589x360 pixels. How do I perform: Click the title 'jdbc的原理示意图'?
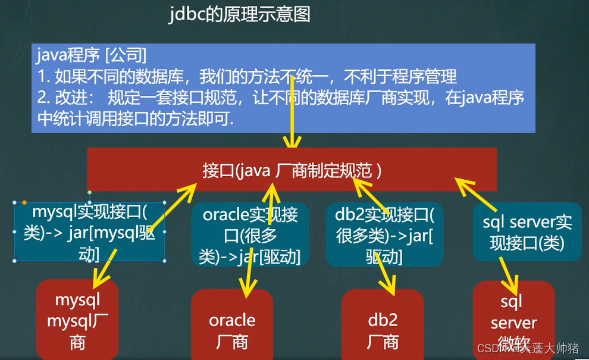coord(240,14)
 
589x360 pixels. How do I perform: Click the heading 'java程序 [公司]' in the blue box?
coord(92,57)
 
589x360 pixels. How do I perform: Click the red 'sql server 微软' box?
coord(513,321)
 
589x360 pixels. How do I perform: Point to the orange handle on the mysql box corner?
coord(24,203)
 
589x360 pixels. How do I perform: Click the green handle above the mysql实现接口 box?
coord(89,192)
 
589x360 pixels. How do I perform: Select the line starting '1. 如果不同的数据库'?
coord(247,76)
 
